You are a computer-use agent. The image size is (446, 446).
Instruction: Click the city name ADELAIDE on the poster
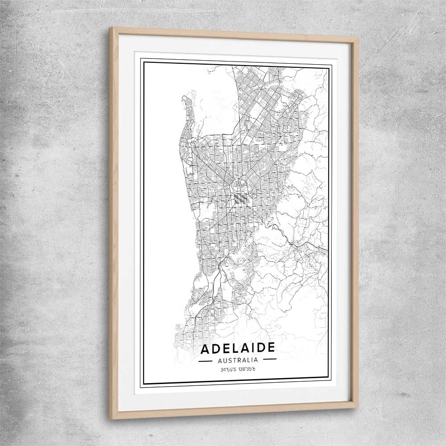tap(237, 348)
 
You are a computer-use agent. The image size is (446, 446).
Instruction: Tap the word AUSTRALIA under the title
tap(237, 359)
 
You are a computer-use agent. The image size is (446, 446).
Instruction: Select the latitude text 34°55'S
tap(228, 369)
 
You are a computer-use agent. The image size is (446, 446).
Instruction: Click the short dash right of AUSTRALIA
tap(269, 359)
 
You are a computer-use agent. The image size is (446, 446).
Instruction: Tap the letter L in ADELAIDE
tap(233, 348)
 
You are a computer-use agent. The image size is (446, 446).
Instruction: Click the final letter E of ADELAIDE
tap(271, 348)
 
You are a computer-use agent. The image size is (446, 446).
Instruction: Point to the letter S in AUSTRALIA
tap(227, 359)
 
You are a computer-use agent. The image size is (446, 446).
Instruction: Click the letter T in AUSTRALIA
tap(232, 359)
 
